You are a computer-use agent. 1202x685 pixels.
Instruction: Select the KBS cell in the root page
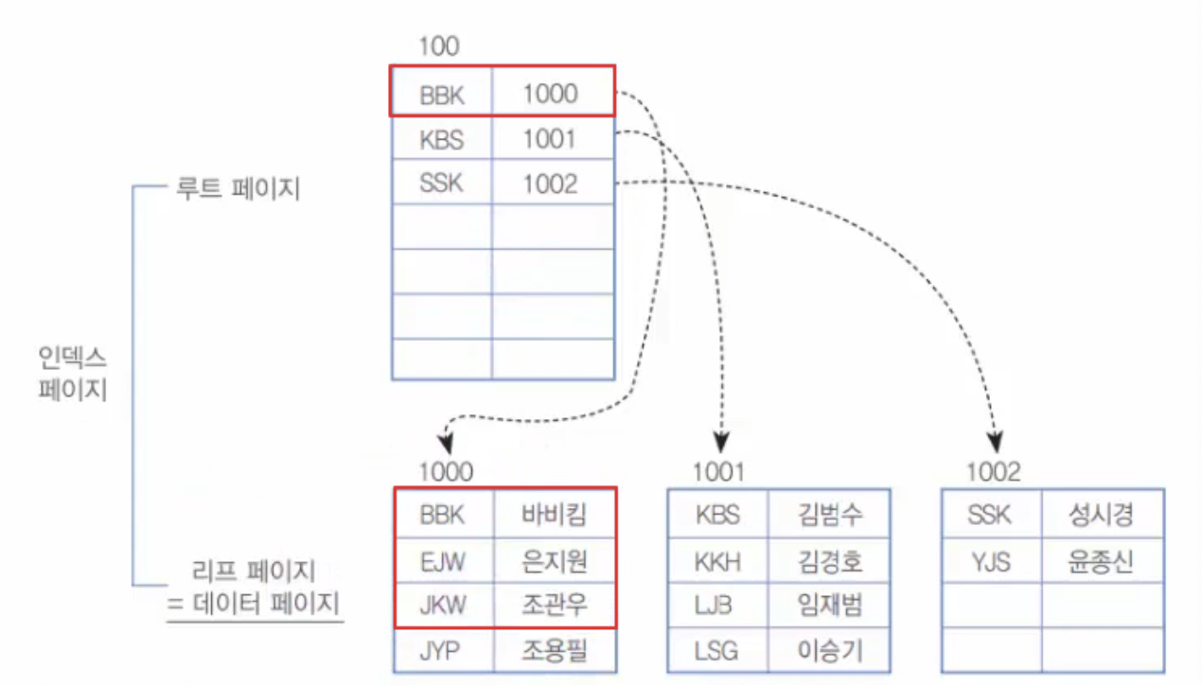[442, 140]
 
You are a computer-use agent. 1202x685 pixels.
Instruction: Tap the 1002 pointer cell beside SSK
[550, 184]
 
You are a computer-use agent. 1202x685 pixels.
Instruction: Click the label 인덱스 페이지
[71, 373]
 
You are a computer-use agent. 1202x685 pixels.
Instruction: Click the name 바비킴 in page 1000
[555, 515]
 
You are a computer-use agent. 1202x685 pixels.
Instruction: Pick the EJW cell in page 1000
[443, 562]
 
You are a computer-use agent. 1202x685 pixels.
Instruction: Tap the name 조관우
[555, 605]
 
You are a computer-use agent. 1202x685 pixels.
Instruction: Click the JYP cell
[443, 650]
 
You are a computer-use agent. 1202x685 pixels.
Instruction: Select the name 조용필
[555, 650]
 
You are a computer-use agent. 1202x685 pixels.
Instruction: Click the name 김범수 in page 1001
[830, 515]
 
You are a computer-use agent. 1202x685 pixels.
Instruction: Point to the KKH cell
[718, 562]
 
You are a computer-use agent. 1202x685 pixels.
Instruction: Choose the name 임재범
[830, 605]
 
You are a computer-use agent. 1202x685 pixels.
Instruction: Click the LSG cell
[718, 650]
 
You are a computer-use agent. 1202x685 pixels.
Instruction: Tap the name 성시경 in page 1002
[1102, 515]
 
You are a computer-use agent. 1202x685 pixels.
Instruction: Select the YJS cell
[990, 562]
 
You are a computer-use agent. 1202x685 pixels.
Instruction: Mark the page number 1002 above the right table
[994, 472]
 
